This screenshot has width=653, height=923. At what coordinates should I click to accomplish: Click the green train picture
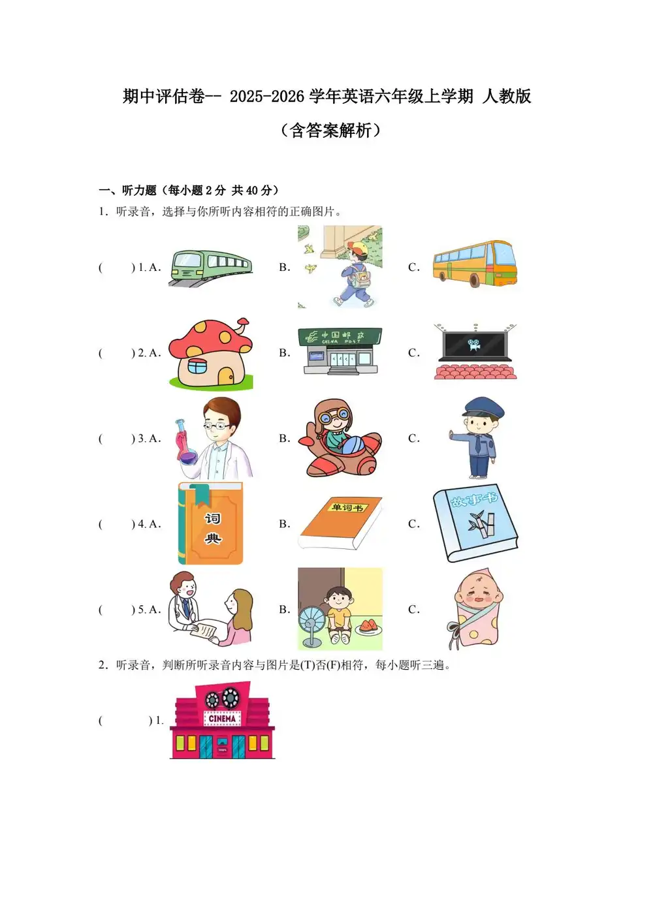tap(210, 267)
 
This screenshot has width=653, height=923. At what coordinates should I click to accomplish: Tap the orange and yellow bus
tap(475, 264)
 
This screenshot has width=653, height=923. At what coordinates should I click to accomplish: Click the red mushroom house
tap(210, 353)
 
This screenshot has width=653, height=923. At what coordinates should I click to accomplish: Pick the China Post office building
tap(340, 351)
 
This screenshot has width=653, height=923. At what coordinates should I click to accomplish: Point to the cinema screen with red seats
tap(475, 352)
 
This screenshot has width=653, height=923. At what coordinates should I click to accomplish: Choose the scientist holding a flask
tap(215, 438)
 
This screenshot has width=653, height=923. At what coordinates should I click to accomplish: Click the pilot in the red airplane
tap(338, 438)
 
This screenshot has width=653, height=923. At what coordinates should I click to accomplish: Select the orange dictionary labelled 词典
tap(211, 524)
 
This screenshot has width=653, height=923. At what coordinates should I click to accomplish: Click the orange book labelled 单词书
tap(340, 524)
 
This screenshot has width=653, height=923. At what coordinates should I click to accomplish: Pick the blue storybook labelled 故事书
tap(475, 522)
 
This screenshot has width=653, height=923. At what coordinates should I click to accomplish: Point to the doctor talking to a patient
tap(210, 609)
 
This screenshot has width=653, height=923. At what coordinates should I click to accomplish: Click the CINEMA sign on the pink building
tap(222, 718)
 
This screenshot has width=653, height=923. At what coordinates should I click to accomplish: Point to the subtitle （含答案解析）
tap(330, 130)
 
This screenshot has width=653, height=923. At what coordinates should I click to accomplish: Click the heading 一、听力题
tap(129, 191)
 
